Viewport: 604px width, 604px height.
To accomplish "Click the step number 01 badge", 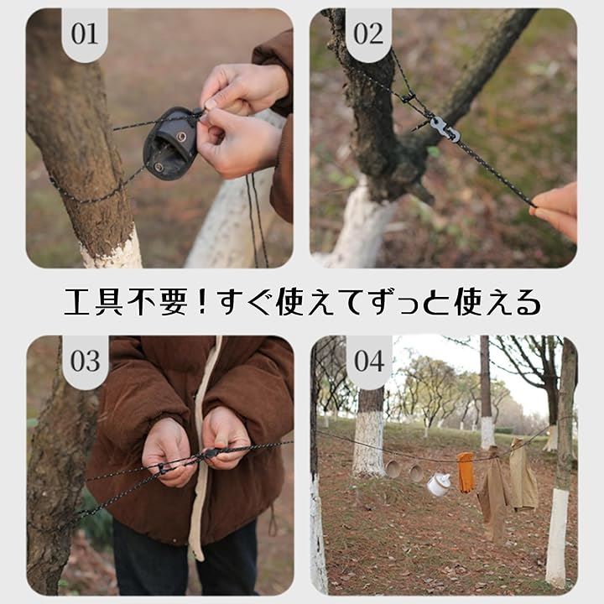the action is pos(85,34).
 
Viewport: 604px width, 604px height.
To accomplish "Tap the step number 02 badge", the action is pos(368,34).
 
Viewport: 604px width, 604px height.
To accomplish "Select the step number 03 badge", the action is pos(86,362).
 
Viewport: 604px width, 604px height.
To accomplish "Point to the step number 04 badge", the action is pos(369,362).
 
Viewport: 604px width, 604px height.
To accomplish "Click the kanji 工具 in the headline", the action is pos(93,302).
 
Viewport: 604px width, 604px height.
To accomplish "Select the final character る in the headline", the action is pos(528,303).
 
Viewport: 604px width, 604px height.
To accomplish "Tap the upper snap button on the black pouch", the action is pos(181,136).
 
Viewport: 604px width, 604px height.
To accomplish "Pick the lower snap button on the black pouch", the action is pos(159,167).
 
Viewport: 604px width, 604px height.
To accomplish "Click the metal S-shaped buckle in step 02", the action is pos(443,128).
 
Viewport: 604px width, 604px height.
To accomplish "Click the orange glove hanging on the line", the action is pos(466,472).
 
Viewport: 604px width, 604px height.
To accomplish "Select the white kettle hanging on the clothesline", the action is pos(439,485).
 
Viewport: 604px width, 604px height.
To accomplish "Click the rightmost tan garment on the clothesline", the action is pos(523,474).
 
